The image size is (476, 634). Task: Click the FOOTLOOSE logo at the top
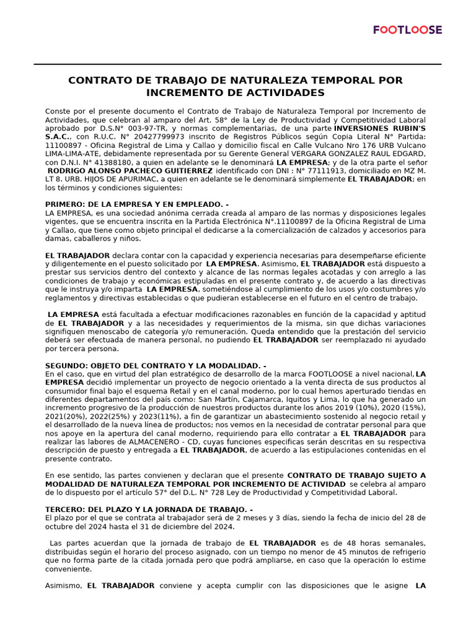(408, 30)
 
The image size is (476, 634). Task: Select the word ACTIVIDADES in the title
(283, 93)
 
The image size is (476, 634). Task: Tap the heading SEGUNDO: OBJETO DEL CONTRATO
(156, 366)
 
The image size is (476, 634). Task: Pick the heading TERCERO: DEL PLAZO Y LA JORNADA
(149, 510)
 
